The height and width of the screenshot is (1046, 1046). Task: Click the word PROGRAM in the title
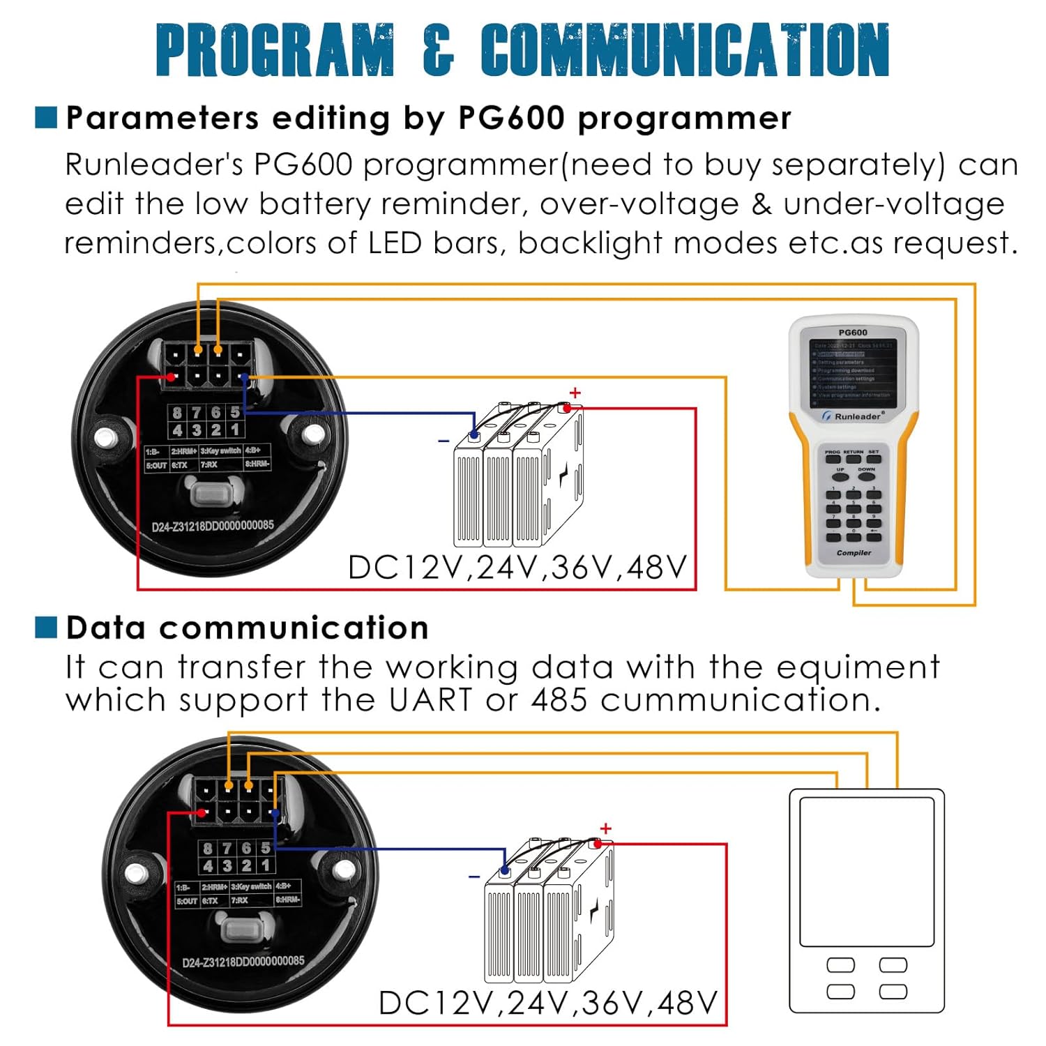pos(275,50)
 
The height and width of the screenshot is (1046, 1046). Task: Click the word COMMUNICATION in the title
pos(685,50)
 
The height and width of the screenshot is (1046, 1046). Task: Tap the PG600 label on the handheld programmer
pos(852,333)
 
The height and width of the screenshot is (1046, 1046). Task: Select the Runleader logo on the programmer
pos(851,416)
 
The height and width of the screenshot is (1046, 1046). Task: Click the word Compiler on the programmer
pos(854,553)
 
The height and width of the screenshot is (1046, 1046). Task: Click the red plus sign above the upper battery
pos(575,393)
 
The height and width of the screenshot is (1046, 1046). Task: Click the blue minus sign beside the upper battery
pos(444,441)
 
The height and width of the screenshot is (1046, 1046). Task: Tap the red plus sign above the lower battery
pos(605,828)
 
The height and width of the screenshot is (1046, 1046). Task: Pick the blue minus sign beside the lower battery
pos(474,877)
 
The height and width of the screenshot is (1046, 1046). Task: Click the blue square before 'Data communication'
pos(46,627)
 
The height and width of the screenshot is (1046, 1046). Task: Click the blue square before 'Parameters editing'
pos(46,118)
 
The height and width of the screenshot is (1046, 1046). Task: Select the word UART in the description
pos(430,700)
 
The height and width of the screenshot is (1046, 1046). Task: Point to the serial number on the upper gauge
pos(213,526)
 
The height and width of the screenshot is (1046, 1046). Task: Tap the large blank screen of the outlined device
pos(866,872)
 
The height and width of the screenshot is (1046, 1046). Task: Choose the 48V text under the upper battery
pos(657,568)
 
